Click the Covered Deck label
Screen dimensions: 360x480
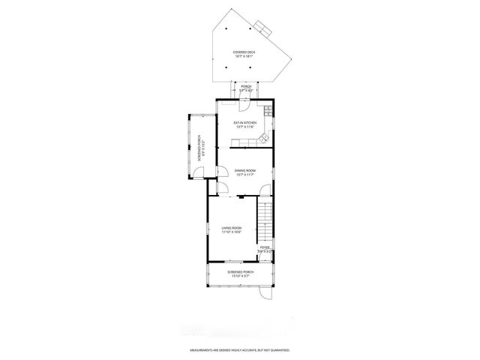coord(244,51)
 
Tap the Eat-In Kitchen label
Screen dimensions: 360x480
coord(245,122)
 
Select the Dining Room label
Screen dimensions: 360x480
coord(245,170)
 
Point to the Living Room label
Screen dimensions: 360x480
coord(231,228)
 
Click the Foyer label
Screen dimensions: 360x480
coord(265,247)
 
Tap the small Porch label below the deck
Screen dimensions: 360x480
coord(246,87)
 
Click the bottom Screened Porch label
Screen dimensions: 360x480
coord(241,271)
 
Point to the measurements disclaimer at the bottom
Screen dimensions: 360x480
coord(240,350)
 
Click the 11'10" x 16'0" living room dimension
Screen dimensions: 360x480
coord(231,232)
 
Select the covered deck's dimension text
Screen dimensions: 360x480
coord(244,55)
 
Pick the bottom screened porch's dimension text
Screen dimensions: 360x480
coord(241,276)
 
